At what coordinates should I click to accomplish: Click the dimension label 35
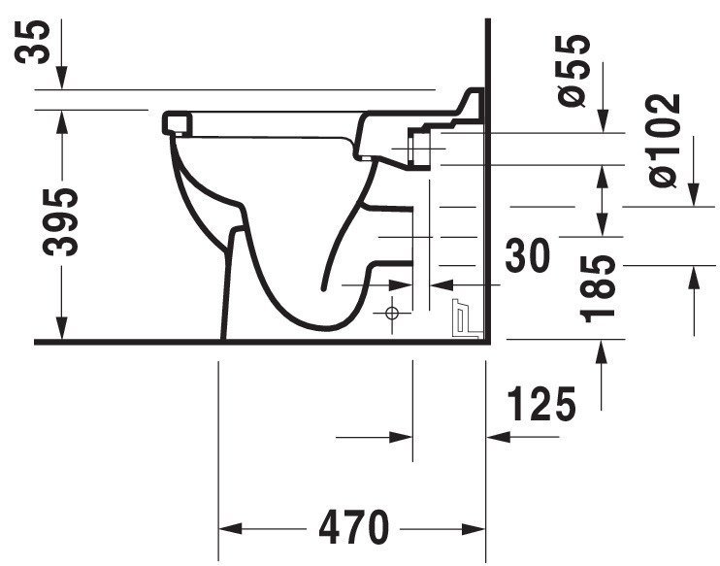coord(32,42)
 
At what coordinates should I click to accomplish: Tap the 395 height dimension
coord(60,222)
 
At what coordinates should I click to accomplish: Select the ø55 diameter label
coord(573,70)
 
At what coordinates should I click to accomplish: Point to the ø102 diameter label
coord(664,140)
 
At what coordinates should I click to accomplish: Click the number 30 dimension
coord(527,255)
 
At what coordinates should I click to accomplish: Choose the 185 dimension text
coord(598,289)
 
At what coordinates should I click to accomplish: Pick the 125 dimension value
coord(541,404)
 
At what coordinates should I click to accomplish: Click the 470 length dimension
coord(353,527)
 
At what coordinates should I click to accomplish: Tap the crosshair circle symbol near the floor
coord(392,314)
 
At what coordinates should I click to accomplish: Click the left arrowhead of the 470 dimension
coord(231,528)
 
